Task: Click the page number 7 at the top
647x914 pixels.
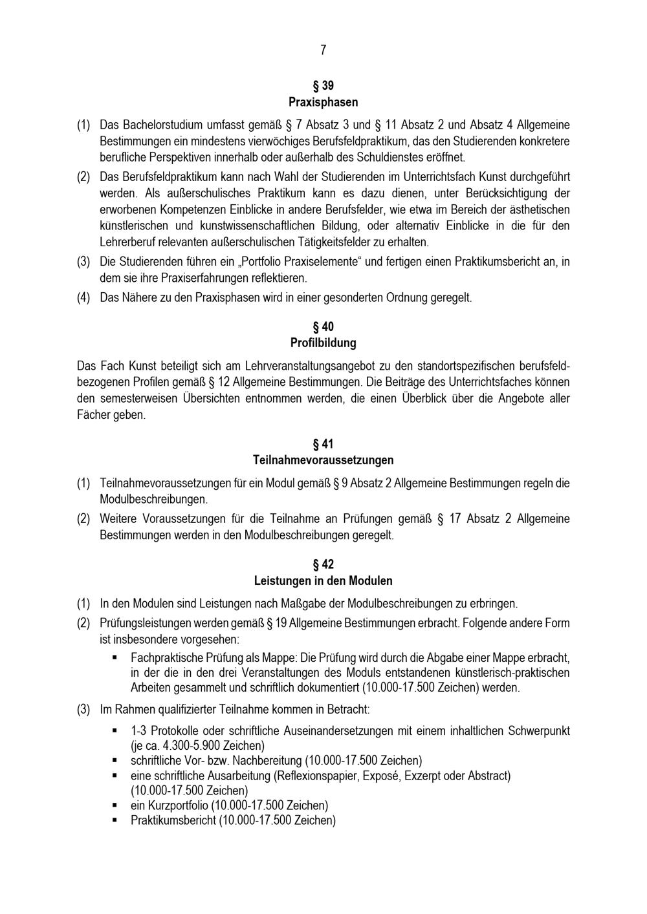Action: [x=323, y=50]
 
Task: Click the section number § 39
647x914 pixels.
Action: [x=323, y=85]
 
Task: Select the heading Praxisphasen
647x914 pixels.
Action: [x=323, y=102]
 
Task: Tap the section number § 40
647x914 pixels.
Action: [x=323, y=326]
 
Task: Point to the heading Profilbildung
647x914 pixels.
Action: [x=323, y=343]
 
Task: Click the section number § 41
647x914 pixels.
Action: [x=323, y=444]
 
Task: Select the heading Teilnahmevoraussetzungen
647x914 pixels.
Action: [x=323, y=460]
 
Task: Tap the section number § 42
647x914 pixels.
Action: [x=323, y=564]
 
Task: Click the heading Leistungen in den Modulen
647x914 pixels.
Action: [x=323, y=580]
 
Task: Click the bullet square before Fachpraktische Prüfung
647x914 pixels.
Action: [x=115, y=657]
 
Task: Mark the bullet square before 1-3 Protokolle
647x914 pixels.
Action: [x=115, y=730]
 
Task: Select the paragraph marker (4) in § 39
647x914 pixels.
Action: [x=83, y=298]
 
